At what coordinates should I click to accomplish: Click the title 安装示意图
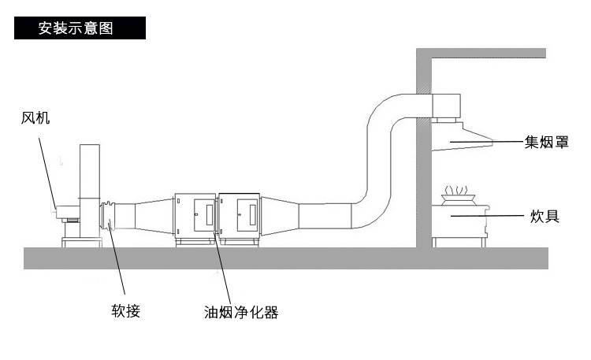point(76,28)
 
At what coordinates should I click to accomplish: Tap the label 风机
point(35,118)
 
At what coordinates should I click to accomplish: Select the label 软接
point(126,310)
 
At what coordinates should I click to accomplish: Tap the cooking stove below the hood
point(460,220)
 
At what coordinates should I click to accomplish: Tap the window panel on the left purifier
point(203,213)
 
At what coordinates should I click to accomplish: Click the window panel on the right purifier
point(246,213)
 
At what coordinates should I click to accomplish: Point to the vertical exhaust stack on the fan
point(89,169)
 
